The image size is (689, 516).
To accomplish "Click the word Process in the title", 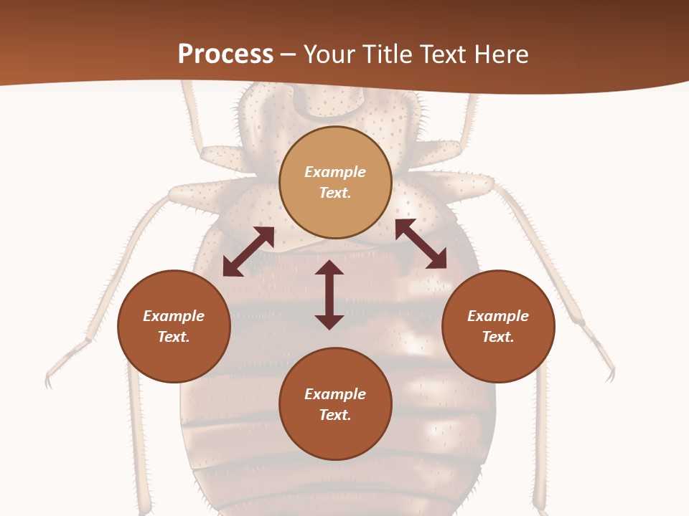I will pyautogui.click(x=225, y=54).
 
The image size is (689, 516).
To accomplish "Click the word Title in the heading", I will pyautogui.click(x=388, y=54).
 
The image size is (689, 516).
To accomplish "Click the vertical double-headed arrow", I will pyautogui.click(x=329, y=295).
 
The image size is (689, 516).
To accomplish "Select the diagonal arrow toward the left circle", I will pyautogui.click(x=248, y=252).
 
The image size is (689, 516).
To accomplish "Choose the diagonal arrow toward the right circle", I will pyautogui.click(x=421, y=244).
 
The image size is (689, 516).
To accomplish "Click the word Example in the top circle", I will pyautogui.click(x=335, y=172).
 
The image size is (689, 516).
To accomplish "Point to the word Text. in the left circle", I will pyautogui.click(x=174, y=337).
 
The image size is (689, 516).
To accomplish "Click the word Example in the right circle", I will pyautogui.click(x=498, y=316).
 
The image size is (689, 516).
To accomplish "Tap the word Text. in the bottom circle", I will pyautogui.click(x=335, y=415).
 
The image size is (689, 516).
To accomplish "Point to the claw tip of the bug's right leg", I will pyautogui.click(x=611, y=376).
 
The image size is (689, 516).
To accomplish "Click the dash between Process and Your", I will pyautogui.click(x=288, y=56).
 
